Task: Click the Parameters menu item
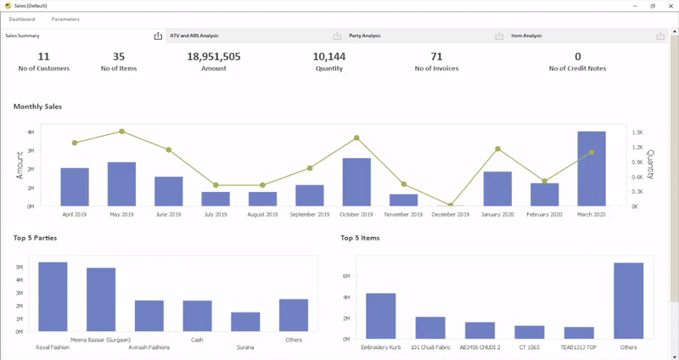(65, 19)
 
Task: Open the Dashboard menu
(22, 19)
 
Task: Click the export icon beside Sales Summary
(158, 36)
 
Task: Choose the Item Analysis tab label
(526, 36)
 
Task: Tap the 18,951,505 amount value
(214, 57)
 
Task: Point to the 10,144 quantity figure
(328, 57)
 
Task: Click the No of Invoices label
(436, 68)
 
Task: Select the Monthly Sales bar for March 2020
(592, 168)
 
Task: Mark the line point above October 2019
(356, 138)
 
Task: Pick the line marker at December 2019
(451, 205)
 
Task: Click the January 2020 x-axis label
(497, 215)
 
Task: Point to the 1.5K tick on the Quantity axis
(637, 132)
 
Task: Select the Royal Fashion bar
(53, 296)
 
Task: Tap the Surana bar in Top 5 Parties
(245, 322)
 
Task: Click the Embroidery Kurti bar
(380, 316)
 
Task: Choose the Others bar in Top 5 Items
(629, 301)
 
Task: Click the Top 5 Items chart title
(360, 239)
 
